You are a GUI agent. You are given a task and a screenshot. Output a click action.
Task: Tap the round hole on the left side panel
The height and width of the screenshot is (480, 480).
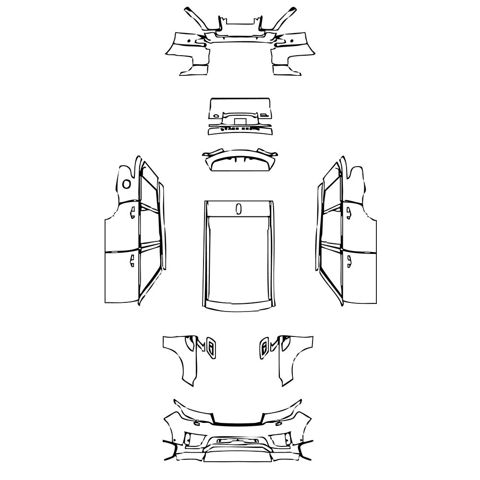click(126, 183)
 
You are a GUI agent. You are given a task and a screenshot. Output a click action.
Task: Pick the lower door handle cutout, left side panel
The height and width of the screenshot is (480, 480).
click(131, 260)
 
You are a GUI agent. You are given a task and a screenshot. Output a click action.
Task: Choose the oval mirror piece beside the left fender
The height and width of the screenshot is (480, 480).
click(211, 347)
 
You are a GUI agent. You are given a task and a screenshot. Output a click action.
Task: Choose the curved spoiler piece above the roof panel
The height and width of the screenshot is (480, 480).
click(239, 160)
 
